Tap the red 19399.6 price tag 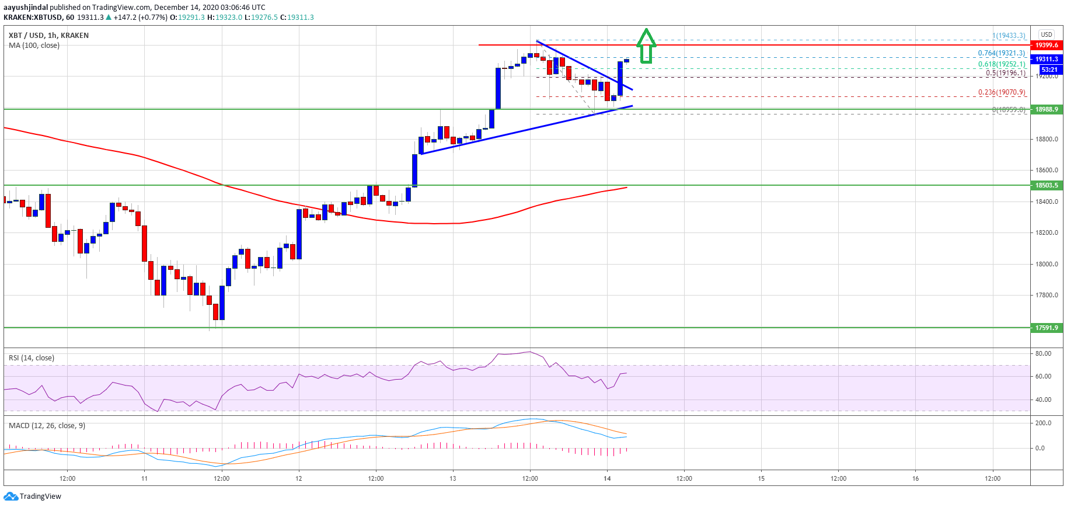[x=1047, y=45]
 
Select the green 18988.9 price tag [x=1047, y=109]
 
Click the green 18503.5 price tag [x=1047, y=185]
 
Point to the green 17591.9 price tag [x=1047, y=328]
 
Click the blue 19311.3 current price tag [x=1047, y=59]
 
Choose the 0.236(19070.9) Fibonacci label [x=1002, y=92]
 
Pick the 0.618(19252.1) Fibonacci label [x=1002, y=64]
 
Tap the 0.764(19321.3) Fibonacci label [x=1002, y=53]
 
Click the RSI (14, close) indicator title [x=32, y=358]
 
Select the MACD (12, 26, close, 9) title [x=47, y=426]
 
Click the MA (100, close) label [x=34, y=46]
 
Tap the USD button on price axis [x=1047, y=34]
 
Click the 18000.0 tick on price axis [x=1047, y=264]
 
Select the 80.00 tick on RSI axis [x=1043, y=353]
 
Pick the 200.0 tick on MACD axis [x=1043, y=423]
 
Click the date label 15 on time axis [x=761, y=478]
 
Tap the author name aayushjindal [x=26, y=8]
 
